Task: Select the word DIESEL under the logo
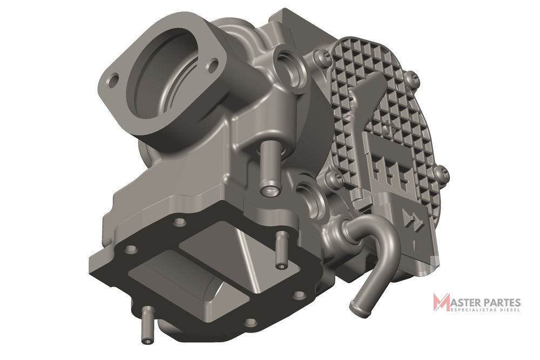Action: point(509,310)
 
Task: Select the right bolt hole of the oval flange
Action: point(213,65)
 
